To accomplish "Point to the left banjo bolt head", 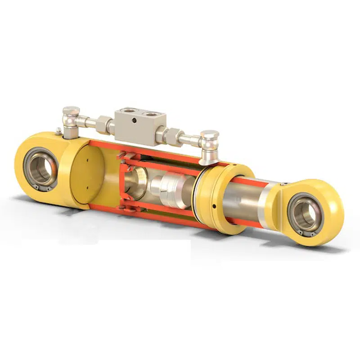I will point(71,111).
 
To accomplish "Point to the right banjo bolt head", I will point(209,135).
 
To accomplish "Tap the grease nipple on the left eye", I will point(59,131).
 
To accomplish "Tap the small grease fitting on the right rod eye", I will point(284,184).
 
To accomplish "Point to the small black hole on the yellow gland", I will point(214,207).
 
